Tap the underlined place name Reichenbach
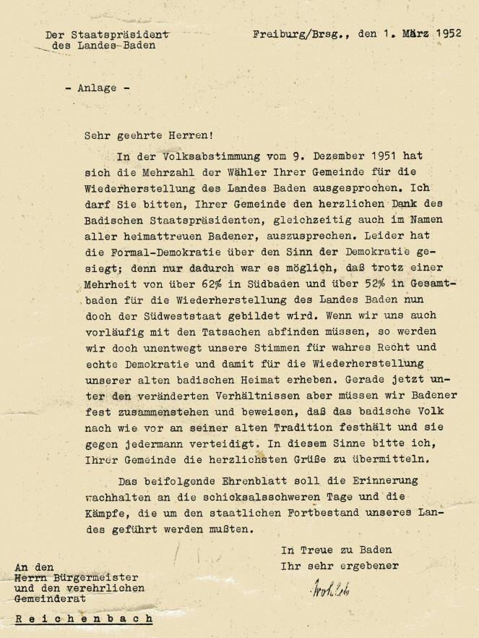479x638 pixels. pyautogui.click(x=84, y=619)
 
